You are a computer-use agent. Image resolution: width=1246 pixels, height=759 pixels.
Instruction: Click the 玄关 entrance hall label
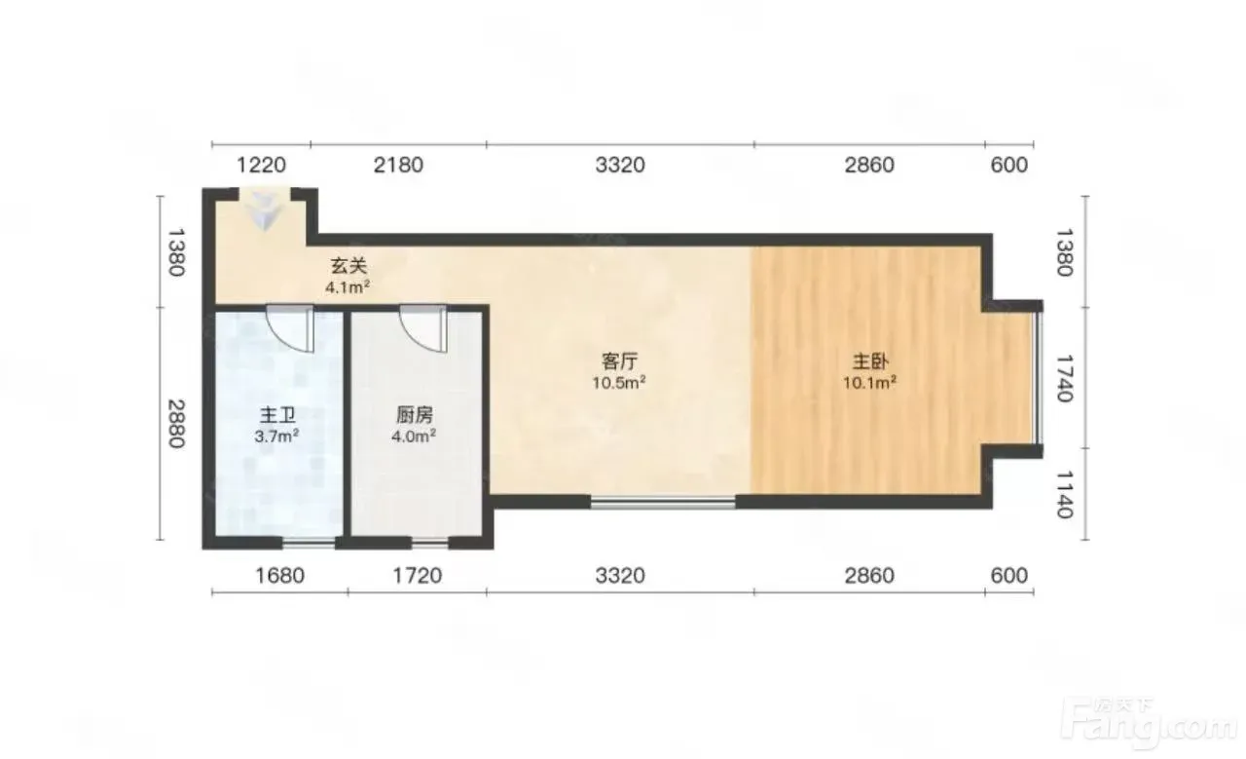(x=348, y=266)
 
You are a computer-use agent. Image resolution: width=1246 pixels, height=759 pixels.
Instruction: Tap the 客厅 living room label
(x=620, y=361)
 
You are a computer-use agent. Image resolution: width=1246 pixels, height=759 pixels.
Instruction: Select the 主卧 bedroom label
(x=870, y=361)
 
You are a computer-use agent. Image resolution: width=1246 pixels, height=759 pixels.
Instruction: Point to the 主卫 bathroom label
(x=277, y=415)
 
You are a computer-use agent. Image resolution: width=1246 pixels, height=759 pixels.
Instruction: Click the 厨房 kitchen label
(x=415, y=415)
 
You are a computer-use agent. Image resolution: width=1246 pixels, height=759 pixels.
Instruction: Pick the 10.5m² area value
(x=619, y=383)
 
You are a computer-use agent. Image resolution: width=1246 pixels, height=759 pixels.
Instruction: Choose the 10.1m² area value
(x=870, y=383)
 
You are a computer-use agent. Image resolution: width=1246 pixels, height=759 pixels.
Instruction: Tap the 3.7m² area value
(x=277, y=436)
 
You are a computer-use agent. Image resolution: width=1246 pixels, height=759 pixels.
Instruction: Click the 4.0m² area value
(x=414, y=436)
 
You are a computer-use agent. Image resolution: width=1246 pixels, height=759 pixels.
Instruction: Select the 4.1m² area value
(x=348, y=287)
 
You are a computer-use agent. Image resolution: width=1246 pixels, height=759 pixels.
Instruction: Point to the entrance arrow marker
(x=264, y=210)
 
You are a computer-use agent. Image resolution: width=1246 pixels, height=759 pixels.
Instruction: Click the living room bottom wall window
(x=663, y=504)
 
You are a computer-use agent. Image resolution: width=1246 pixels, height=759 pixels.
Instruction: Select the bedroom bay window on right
(x=1039, y=378)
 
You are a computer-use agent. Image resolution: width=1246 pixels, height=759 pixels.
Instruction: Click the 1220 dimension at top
(x=262, y=165)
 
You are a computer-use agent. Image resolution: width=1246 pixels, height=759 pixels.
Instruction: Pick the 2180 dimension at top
(x=398, y=165)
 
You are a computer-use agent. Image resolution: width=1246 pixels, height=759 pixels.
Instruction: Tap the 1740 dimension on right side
(x=1064, y=378)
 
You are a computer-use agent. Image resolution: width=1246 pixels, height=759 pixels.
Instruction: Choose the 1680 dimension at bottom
(x=279, y=575)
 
